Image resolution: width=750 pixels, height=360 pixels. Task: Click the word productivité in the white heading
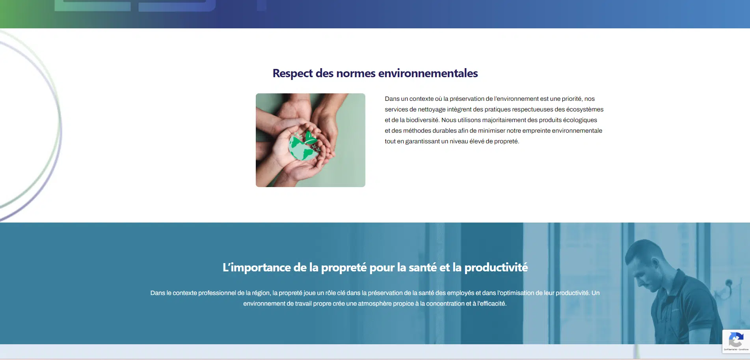496,267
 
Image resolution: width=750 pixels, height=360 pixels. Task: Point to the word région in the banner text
261,293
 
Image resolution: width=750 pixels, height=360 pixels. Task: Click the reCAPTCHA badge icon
736,340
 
